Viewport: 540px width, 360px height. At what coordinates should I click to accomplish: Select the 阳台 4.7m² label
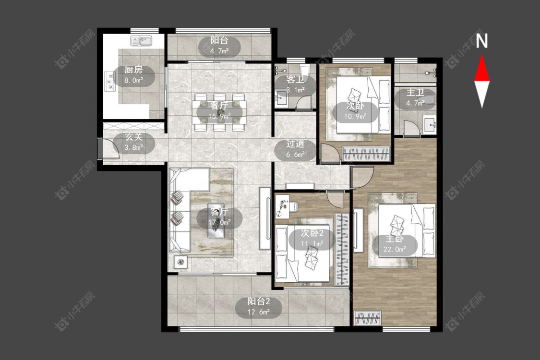(219, 46)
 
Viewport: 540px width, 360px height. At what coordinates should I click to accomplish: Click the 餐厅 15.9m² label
(219, 111)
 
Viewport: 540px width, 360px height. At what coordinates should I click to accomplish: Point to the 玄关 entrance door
(108, 148)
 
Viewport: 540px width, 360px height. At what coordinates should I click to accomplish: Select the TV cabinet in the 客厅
(265, 218)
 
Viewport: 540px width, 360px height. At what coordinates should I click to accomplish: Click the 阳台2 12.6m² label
(258, 307)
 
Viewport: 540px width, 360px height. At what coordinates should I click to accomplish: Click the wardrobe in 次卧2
(342, 249)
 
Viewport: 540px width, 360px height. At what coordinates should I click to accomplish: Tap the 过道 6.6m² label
(295, 149)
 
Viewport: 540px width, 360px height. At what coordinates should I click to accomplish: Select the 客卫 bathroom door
(304, 102)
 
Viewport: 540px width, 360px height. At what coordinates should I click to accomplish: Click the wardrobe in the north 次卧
(366, 154)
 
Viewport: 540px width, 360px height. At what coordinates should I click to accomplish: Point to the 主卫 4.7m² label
(415, 98)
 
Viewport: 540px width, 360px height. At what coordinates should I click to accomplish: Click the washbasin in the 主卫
(430, 124)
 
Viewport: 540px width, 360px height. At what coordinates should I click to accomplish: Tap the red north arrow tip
(482, 56)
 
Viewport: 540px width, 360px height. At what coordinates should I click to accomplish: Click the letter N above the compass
(482, 41)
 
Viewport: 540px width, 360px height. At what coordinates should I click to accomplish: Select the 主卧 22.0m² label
(395, 244)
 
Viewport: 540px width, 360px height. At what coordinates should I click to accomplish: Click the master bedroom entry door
(362, 178)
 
